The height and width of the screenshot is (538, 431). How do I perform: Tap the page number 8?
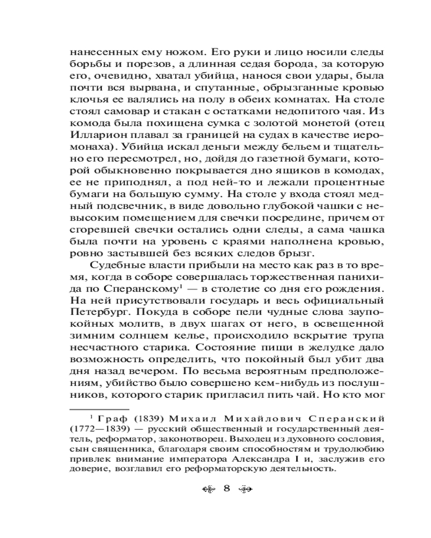click(226, 489)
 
